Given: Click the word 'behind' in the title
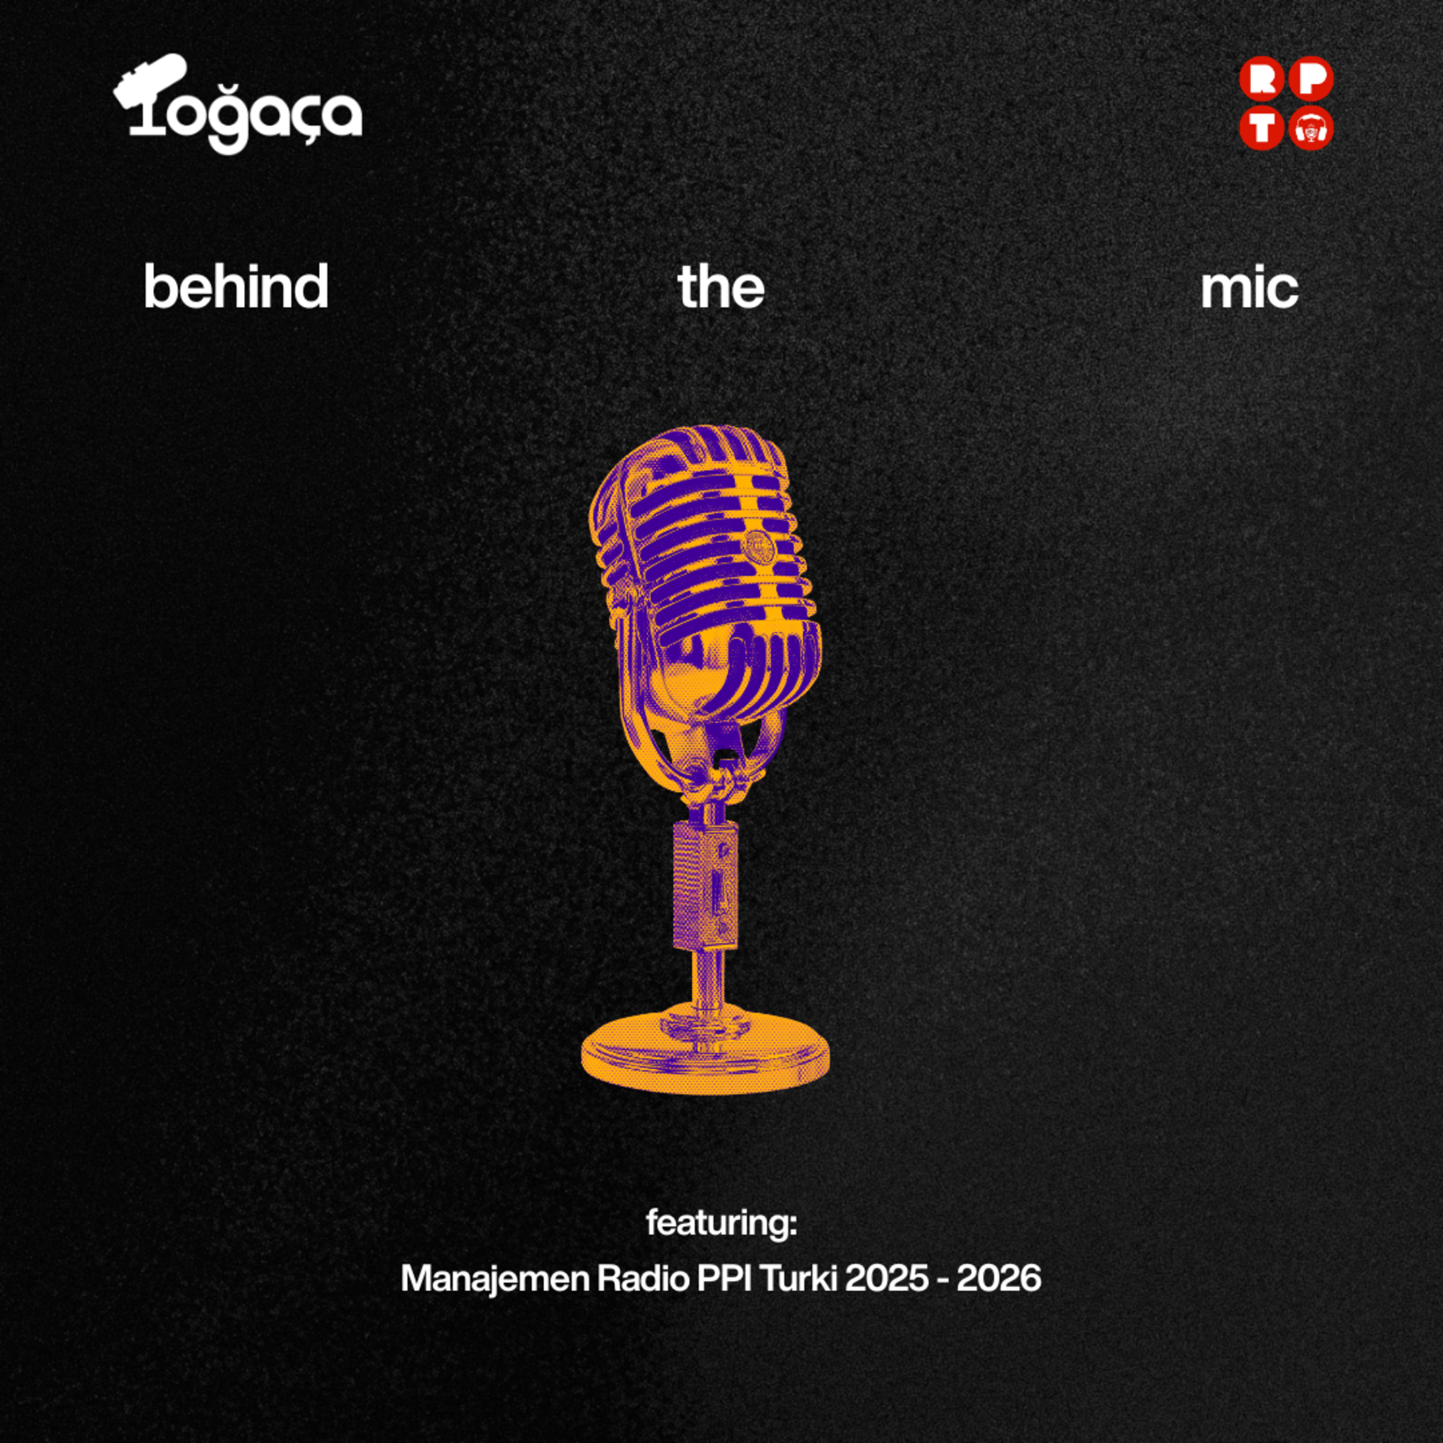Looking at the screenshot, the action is (x=236, y=286).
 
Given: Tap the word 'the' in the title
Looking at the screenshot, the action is (x=721, y=286).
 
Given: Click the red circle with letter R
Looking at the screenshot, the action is (x=1262, y=79).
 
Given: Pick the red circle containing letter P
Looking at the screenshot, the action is (x=1311, y=79).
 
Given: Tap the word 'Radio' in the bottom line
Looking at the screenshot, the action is (x=642, y=1278).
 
